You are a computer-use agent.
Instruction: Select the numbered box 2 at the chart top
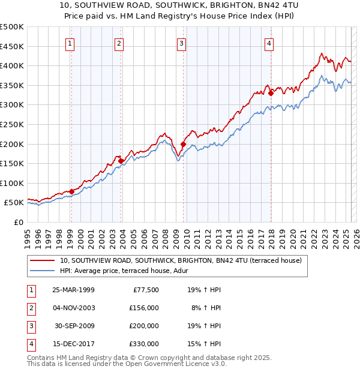[x=119, y=43]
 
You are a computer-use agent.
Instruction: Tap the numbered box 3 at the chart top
[x=181, y=43]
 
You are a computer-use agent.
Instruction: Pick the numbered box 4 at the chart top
[x=269, y=43]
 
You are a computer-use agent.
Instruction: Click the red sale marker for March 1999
[x=71, y=191]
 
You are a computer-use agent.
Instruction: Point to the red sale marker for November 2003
[x=121, y=161]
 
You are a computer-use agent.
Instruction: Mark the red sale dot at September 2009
[x=183, y=144]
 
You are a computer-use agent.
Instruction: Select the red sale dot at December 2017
[x=271, y=93]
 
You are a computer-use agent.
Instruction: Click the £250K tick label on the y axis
[x=11, y=124]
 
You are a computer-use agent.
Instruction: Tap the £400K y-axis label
[x=11, y=65]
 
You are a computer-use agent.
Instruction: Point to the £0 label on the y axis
[x=18, y=222]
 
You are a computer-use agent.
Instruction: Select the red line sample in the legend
[x=42, y=261]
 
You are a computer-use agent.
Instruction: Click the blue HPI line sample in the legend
[x=42, y=271]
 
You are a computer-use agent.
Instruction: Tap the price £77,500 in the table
[x=144, y=289]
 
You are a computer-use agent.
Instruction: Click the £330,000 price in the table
[x=144, y=344]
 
